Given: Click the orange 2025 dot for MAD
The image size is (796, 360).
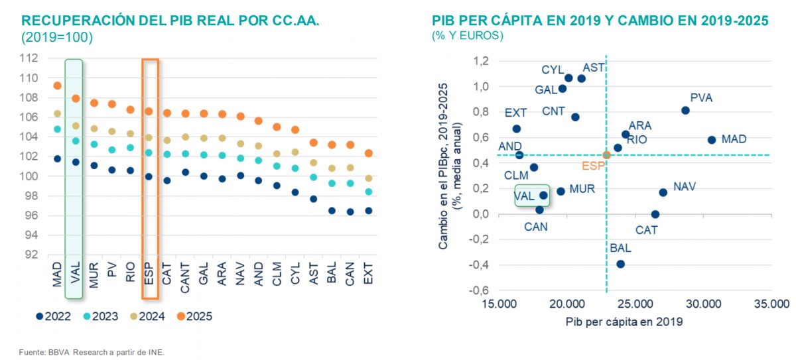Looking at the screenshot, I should [57, 86].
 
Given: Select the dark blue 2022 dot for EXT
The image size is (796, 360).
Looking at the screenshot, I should [369, 211].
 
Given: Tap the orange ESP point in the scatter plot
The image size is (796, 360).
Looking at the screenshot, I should [606, 155].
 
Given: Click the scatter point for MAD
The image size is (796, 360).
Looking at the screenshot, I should [712, 140].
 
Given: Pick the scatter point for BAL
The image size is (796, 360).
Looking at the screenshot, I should [621, 264].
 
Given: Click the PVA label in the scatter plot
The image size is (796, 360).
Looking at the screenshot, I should [701, 97].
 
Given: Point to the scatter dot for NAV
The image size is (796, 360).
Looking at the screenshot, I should [663, 192].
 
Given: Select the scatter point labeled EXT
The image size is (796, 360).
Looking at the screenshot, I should [517, 129].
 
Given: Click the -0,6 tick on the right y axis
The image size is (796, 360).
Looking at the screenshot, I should [479, 290].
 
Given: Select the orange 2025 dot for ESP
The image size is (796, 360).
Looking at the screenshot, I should [149, 111].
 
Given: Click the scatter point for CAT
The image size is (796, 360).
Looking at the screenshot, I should [655, 214].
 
